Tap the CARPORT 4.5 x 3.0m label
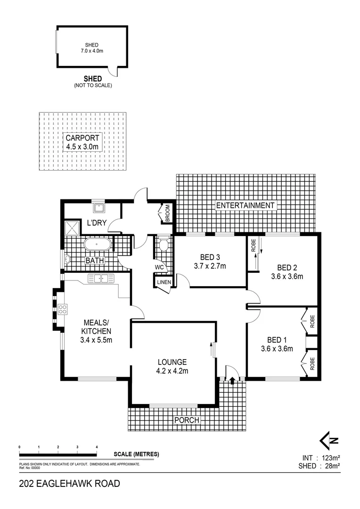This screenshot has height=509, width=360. coord(82,142)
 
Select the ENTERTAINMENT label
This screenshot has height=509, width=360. coord(245,205)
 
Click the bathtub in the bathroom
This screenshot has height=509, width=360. coord(98,245)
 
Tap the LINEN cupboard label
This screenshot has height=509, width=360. coord(163,282)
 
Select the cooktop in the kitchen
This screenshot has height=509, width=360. coord(62,310)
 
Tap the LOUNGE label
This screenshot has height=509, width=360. coord(173,362)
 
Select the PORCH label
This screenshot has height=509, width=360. coord(187,420)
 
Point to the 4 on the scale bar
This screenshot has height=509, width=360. coord(97,447)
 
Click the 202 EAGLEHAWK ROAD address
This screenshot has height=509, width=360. coord(69,484)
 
